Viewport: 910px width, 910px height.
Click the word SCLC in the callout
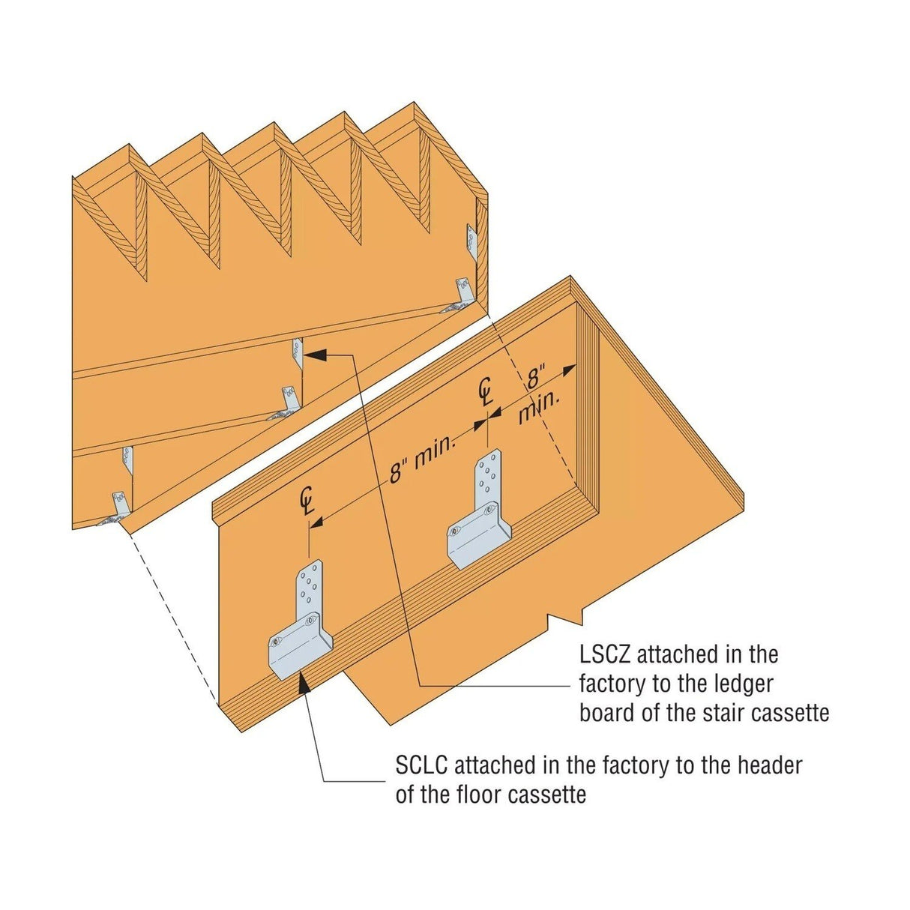[422, 766]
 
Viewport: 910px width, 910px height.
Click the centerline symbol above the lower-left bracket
[307, 501]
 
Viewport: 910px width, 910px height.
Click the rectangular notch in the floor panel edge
[564, 619]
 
